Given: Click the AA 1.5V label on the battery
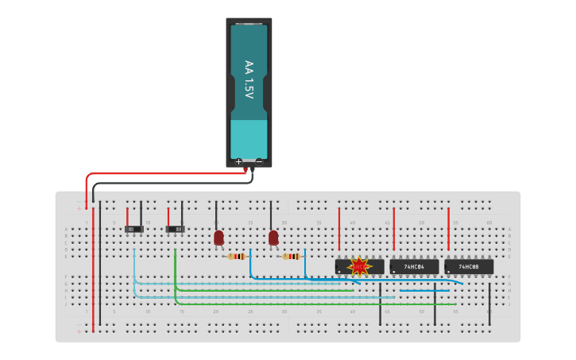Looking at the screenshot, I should [249, 79].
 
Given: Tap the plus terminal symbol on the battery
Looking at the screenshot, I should [238, 161].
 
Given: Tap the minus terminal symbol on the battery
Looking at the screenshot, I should [259, 161].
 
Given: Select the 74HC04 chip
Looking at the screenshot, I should [414, 267].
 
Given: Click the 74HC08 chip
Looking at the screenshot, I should [469, 267].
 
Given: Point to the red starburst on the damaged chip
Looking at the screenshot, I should [359, 266].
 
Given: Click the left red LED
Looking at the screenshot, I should [218, 237].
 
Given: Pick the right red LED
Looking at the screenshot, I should [273, 237].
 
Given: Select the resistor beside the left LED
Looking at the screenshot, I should [237, 257].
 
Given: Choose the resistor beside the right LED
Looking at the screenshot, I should [292, 257].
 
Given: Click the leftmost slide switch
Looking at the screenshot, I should [134, 230].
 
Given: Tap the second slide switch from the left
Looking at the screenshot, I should [175, 230].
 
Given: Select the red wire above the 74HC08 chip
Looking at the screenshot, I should [448, 229].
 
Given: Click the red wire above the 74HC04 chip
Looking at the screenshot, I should [393, 229].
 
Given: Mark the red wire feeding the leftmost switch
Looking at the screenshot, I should [127, 217].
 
